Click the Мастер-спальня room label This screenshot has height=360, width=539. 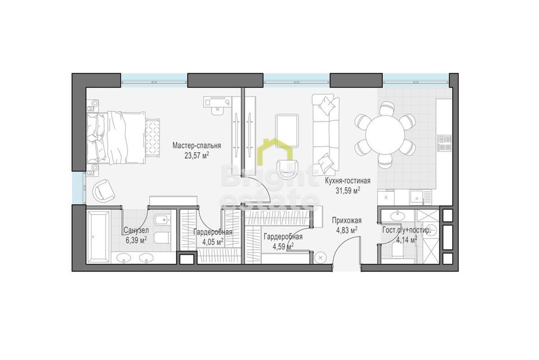tap(196, 146)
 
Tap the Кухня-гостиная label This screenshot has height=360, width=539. tap(348, 181)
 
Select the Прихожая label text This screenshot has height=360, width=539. tap(347, 221)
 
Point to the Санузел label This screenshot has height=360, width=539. tap(136, 231)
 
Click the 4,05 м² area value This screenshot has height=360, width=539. tap(213, 242)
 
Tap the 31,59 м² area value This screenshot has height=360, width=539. tap(348, 190)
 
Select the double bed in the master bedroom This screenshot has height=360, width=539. tap(116, 138)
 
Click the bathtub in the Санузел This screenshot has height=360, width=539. tap(98, 237)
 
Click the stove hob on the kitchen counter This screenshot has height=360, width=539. tap(444, 143)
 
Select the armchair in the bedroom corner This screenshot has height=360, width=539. tap(103, 190)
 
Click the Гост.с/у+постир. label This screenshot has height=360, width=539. tap(406, 231)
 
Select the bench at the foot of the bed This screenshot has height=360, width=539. tap(153, 138)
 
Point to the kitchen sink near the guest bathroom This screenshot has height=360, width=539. tap(417, 198)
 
